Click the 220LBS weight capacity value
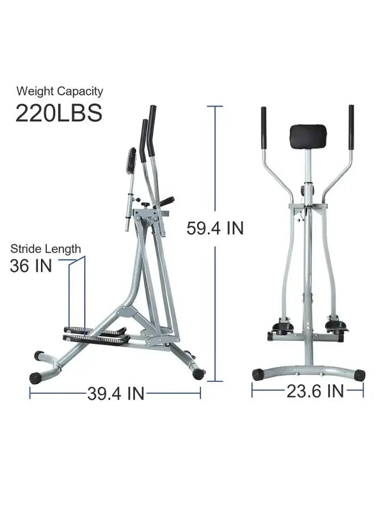click(59, 113)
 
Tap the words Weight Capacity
click(59, 91)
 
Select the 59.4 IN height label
click(215, 228)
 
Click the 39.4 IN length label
click(116, 393)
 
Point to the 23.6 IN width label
click(315, 391)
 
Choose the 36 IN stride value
click(31, 266)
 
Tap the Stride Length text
click(46, 249)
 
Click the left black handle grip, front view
click(264, 128)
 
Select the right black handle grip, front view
click(351, 127)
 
